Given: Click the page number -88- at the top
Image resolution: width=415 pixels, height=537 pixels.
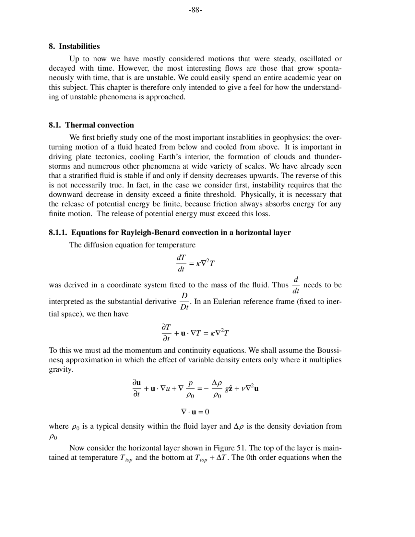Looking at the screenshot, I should pos(195,10).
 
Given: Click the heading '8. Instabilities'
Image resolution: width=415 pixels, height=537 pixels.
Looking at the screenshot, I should pos(74,46).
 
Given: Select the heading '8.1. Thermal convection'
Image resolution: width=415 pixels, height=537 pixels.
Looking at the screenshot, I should pos(91,125).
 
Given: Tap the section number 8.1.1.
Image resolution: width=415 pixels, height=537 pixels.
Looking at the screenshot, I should pos(58,233).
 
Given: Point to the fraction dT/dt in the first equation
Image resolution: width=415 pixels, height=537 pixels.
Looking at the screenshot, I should pos(181,263).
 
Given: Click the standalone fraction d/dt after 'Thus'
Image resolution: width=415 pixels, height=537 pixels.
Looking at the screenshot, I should pos(296,285).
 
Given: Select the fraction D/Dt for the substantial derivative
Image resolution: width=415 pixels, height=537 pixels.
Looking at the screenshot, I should pos(184,301).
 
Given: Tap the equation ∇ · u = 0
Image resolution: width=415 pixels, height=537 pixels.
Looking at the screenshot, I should pos(195,412).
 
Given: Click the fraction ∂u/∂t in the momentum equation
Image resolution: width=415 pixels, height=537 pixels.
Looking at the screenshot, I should pos(136,388).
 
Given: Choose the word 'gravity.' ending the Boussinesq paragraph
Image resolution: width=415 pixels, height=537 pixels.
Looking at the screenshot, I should pos(61,370).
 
